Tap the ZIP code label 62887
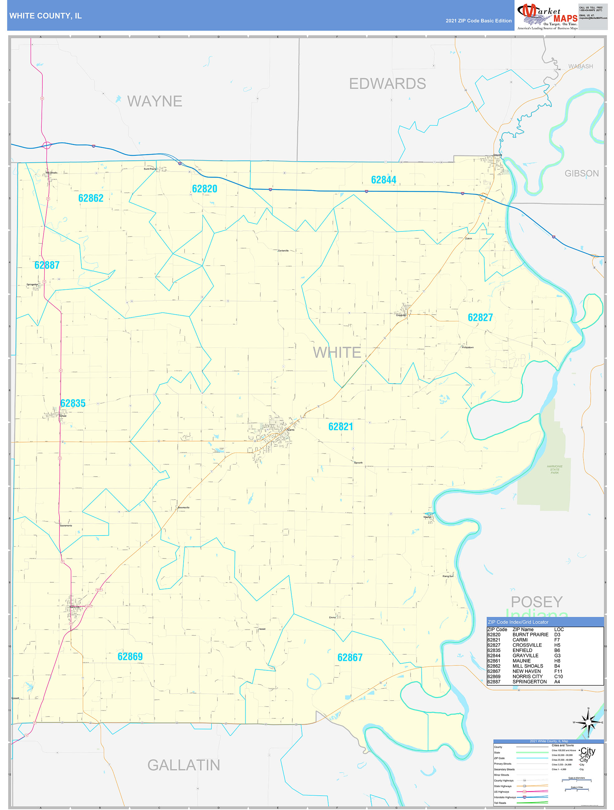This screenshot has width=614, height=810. (x=47, y=265)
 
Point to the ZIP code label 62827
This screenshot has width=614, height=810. (x=480, y=317)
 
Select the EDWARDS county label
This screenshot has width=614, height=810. (x=387, y=84)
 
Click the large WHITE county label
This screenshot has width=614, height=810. (x=337, y=353)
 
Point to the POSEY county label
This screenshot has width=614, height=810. (x=537, y=602)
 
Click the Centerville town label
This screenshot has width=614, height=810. (x=283, y=251)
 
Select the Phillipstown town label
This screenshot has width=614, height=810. (x=468, y=347)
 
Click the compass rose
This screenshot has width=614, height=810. (x=588, y=722)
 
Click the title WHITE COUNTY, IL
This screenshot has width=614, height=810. (x=46, y=16)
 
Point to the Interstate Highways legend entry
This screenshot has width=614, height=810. (x=505, y=797)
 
